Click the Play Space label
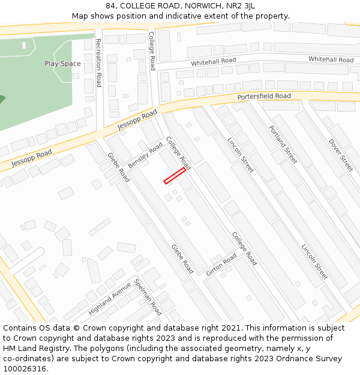coord(62,64)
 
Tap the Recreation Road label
coord(98,63)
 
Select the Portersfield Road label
coord(263,97)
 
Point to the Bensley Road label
coord(146,155)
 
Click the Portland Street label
coord(283,145)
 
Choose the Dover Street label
coord(341,155)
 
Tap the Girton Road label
coord(221,265)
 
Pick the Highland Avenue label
coord(109,299)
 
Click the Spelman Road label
coord(148,297)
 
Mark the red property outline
coord(175,176)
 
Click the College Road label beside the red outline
coord(178,153)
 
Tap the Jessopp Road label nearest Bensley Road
coord(137,120)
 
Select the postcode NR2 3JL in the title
coord(241,6)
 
